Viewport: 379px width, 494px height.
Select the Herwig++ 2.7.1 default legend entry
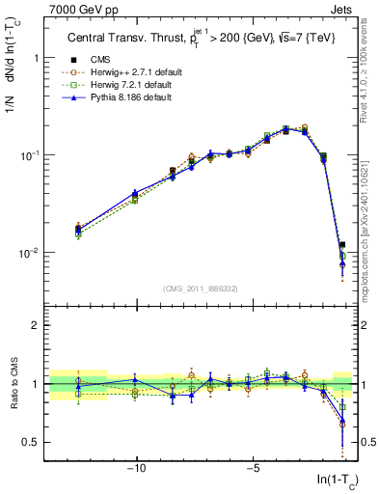click(x=122, y=71)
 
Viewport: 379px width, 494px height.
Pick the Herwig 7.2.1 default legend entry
click(x=122, y=84)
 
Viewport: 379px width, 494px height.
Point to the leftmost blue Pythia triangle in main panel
click(x=78, y=229)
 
